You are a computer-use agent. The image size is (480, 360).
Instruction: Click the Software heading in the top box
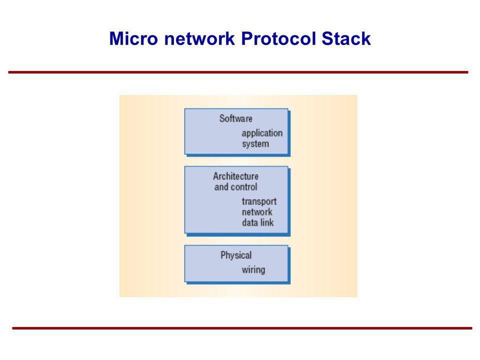tap(235, 119)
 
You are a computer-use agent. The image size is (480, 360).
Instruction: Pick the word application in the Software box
tap(262, 133)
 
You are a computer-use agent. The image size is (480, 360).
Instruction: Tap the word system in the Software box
tap(255, 144)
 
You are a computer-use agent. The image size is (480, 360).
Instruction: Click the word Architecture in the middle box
tap(235, 176)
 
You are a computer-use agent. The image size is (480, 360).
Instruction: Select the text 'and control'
tap(235, 187)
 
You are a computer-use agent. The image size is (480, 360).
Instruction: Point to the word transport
tap(259, 201)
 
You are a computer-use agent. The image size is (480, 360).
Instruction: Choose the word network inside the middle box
tap(257, 212)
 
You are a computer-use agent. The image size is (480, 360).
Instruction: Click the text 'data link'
tap(257, 222)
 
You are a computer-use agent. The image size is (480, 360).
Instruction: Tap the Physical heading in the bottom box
tap(236, 255)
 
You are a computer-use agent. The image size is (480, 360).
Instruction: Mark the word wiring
tap(253, 270)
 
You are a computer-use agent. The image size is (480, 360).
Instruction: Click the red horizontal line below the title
tap(238, 72)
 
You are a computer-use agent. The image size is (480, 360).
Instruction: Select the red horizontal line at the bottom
tap(242, 328)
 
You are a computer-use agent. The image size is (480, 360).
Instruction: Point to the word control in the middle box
tap(244, 187)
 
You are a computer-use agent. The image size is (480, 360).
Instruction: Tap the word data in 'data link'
tap(249, 222)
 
